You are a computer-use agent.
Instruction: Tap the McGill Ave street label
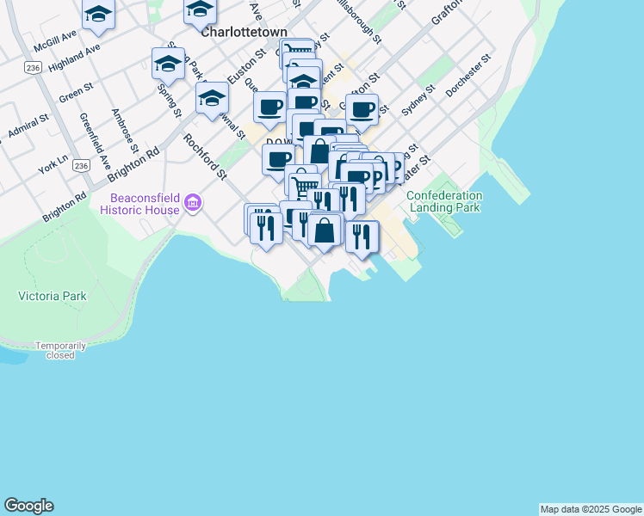tap(55, 40)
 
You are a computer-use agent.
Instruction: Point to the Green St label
tap(76, 91)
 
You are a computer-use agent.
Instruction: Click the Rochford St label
tap(205, 156)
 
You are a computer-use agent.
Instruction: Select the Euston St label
tap(247, 66)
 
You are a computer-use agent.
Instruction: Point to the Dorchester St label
tap(468, 74)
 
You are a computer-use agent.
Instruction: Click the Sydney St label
tap(419, 101)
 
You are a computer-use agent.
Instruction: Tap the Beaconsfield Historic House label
tap(139, 203)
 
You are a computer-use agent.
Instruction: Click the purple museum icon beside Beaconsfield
tap(194, 204)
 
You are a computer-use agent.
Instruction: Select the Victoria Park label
tap(53, 296)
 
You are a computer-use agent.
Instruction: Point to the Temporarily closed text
tap(60, 350)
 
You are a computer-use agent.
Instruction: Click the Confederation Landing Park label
tap(444, 201)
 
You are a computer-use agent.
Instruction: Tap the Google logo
tap(28, 506)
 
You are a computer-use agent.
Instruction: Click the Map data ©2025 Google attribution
tap(591, 509)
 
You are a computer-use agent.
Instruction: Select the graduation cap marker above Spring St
tap(168, 63)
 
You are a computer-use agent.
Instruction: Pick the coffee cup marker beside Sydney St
tap(362, 108)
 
